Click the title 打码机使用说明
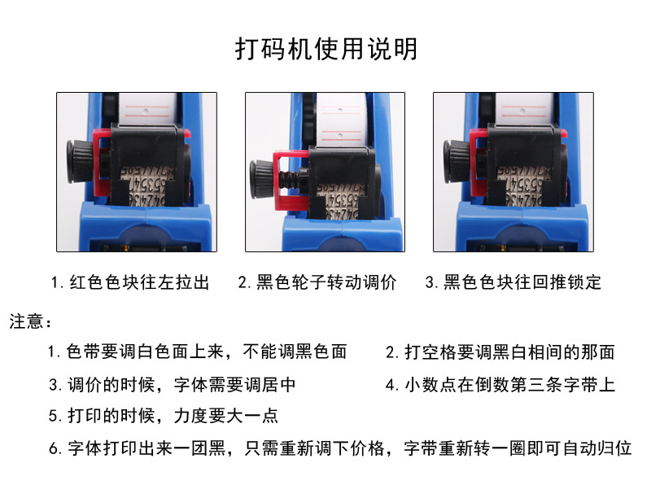pyautogui.click(x=325, y=49)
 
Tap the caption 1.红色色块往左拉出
pyautogui.click(x=130, y=283)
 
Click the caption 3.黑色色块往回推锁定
pyautogui.click(x=513, y=283)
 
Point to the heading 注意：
pyautogui.click(x=31, y=321)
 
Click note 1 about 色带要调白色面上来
pyautogui.click(x=197, y=352)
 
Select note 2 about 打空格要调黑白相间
pyautogui.click(x=500, y=352)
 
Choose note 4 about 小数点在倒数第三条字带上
pyautogui.click(x=500, y=384)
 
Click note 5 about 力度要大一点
pyautogui.click(x=163, y=416)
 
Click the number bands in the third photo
pyautogui.click(x=521, y=183)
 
